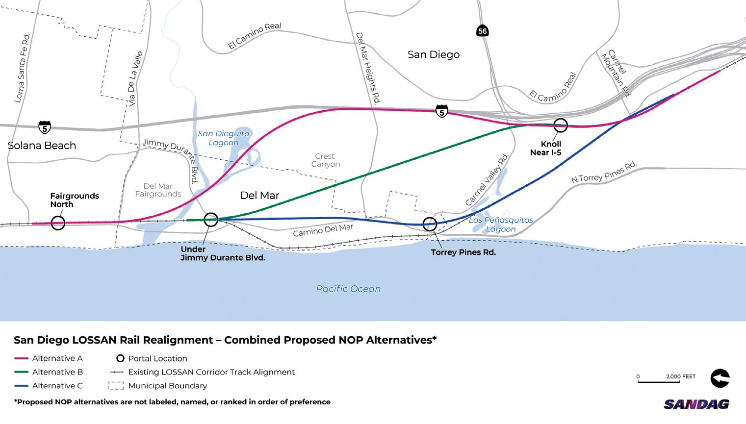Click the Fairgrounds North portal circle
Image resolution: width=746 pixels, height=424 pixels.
[x=58, y=223]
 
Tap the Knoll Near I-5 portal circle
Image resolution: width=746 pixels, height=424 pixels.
[x=560, y=125]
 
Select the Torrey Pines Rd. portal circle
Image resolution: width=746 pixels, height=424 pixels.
[x=430, y=224]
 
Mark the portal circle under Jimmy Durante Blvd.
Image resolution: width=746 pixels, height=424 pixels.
[x=211, y=220]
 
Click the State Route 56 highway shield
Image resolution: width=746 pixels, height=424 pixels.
[x=482, y=31]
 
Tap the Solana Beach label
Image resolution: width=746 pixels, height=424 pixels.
[x=42, y=146]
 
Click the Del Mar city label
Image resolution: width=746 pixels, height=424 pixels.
[x=259, y=196]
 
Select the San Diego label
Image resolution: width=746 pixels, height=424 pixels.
[x=434, y=54]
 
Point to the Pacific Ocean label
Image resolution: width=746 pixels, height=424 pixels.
[x=348, y=289]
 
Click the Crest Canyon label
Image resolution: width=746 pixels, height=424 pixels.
[x=326, y=160]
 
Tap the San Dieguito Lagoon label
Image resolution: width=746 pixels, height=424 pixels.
[x=224, y=138]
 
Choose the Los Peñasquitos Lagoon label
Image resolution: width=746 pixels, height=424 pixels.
[x=501, y=224]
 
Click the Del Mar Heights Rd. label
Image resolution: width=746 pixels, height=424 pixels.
[x=368, y=69]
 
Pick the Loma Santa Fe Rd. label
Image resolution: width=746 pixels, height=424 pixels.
[x=23, y=68]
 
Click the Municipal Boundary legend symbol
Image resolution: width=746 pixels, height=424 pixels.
[x=116, y=386]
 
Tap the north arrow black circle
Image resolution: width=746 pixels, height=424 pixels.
[x=720, y=378]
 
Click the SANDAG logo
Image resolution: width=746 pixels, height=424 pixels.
[x=696, y=404]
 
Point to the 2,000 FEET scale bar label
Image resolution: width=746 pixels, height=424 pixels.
[x=681, y=376]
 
